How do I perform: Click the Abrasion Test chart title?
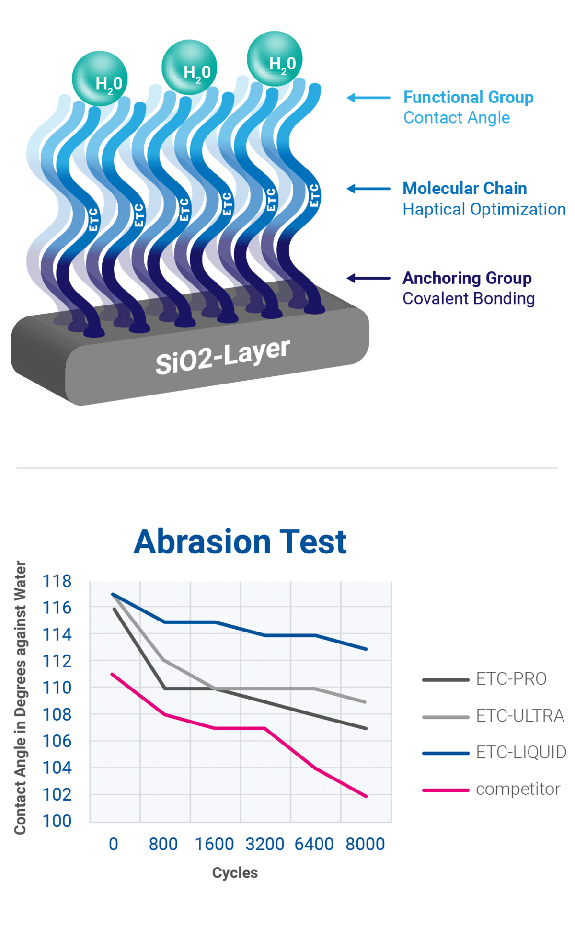pos(240,542)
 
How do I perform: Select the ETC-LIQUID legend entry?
pos(520,752)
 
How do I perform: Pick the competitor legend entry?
pos(517,789)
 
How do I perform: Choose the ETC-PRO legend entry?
pos(511,679)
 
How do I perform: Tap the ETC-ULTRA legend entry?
pos(520,716)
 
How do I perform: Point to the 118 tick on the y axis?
pos(57,581)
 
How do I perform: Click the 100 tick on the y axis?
pos(57,821)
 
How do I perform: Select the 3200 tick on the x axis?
pos(264,844)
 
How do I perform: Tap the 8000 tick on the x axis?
pos(365,844)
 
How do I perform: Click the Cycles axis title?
pos(235,873)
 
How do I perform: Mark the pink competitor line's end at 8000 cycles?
pos(366,796)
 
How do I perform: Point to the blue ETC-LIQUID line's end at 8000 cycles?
pos(366,649)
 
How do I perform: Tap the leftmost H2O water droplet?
pos(100,79)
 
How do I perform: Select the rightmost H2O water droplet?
pos(275,59)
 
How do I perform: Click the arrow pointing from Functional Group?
pos(368,98)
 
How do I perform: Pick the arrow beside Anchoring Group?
pos(368,278)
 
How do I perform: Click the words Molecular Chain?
pos(464,189)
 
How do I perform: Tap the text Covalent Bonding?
pos(468,298)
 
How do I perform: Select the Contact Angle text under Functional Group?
pos(456,118)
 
